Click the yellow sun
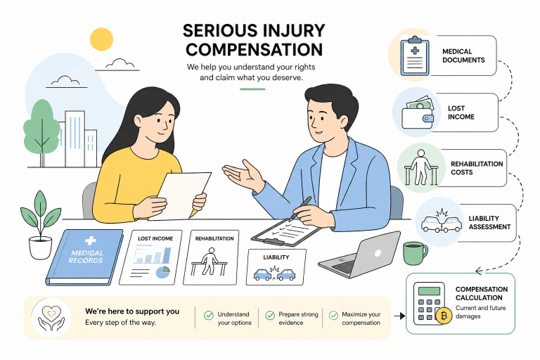101,39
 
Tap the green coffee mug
415,253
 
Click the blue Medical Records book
84,257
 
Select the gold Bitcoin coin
444,316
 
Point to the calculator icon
429,303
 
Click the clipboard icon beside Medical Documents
415,56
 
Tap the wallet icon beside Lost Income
418,112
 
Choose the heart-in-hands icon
51,318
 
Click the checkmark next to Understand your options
208,315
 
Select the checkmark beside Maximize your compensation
333,315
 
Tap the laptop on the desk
359,255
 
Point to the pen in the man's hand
300,208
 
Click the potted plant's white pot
40,247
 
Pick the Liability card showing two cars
276,267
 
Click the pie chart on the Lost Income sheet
163,272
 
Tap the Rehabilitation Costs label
477,168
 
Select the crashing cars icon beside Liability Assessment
441,221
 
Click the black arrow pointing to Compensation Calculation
399,316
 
